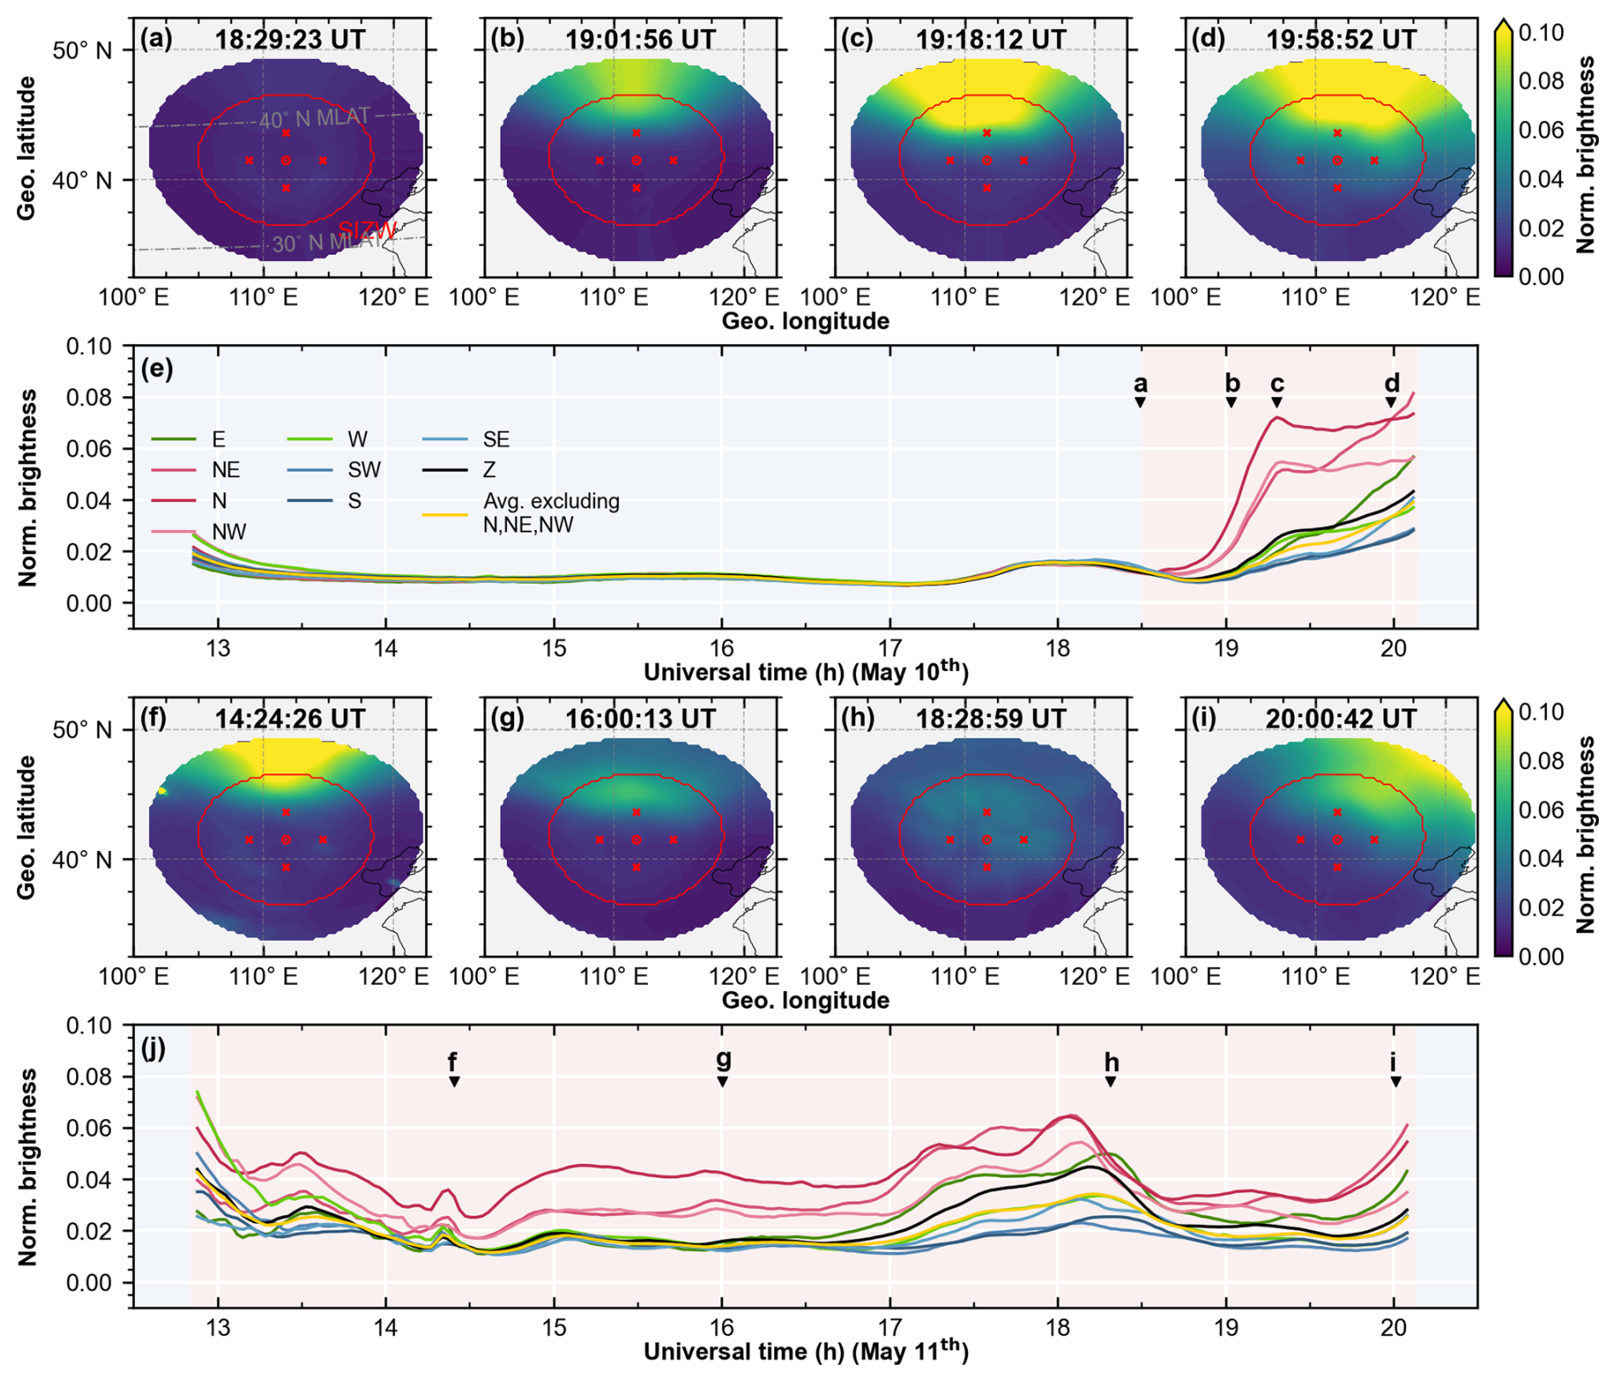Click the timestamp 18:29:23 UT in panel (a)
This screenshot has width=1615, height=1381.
[290, 39]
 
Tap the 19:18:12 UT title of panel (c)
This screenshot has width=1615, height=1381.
[991, 39]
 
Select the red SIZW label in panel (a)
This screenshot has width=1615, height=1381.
[368, 230]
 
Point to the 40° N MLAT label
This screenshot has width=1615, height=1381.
[315, 119]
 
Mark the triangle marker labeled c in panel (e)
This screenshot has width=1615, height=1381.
[1277, 403]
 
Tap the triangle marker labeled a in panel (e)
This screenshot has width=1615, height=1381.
[1140, 403]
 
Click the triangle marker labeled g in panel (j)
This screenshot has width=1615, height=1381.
[722, 1082]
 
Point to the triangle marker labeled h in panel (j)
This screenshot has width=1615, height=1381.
[1111, 1082]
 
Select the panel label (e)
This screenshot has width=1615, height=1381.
[158, 369]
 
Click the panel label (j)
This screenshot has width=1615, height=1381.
[155, 1048]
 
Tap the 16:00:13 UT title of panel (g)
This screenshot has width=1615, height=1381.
[640, 719]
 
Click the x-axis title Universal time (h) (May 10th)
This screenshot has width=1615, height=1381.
[806, 672]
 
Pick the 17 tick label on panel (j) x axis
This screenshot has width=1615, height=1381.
[890, 1329]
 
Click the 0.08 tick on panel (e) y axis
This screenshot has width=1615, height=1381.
[89, 398]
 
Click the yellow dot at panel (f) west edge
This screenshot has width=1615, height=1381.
[162, 792]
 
